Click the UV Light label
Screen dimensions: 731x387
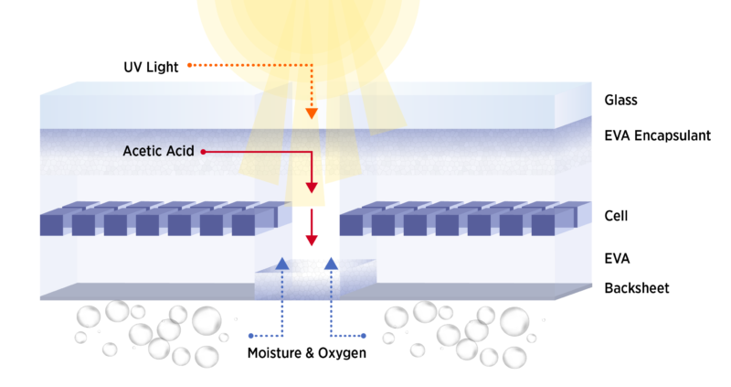click(151, 67)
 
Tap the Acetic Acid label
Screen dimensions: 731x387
click(158, 151)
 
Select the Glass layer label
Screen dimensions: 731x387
click(620, 100)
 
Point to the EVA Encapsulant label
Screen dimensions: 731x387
click(657, 135)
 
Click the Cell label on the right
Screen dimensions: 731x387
click(616, 216)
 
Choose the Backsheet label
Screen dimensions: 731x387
click(636, 288)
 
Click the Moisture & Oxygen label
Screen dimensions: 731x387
click(307, 353)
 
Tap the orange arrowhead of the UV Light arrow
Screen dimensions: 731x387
click(312, 113)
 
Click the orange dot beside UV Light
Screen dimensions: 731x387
click(190, 65)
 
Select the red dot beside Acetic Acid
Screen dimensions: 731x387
click(203, 152)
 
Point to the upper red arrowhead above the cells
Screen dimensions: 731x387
click(312, 188)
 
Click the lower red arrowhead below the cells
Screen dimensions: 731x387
click(312, 241)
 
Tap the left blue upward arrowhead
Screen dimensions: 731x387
click(282, 263)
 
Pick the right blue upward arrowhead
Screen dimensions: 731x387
click(331, 263)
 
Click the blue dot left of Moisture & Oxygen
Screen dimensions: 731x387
click(250, 336)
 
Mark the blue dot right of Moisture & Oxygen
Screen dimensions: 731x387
click(364, 336)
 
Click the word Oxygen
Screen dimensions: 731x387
click(342, 353)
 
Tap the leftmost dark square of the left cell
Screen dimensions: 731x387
click(51, 224)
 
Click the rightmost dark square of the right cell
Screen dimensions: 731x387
click(543, 224)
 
